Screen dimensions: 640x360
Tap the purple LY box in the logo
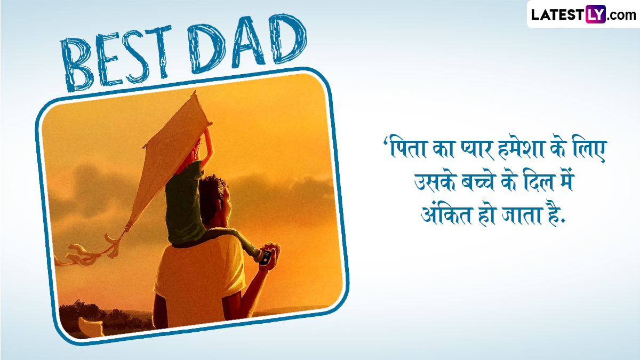click(x=595, y=14)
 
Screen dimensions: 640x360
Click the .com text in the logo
click(x=621, y=15)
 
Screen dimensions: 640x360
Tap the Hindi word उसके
click(x=435, y=182)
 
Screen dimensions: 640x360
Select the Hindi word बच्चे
click(x=478, y=182)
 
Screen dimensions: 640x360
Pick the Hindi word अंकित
click(x=446, y=214)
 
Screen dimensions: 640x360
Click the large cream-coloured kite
click(x=169, y=160)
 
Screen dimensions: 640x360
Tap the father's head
click(x=215, y=201)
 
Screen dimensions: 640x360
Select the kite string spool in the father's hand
click(x=266, y=257)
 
